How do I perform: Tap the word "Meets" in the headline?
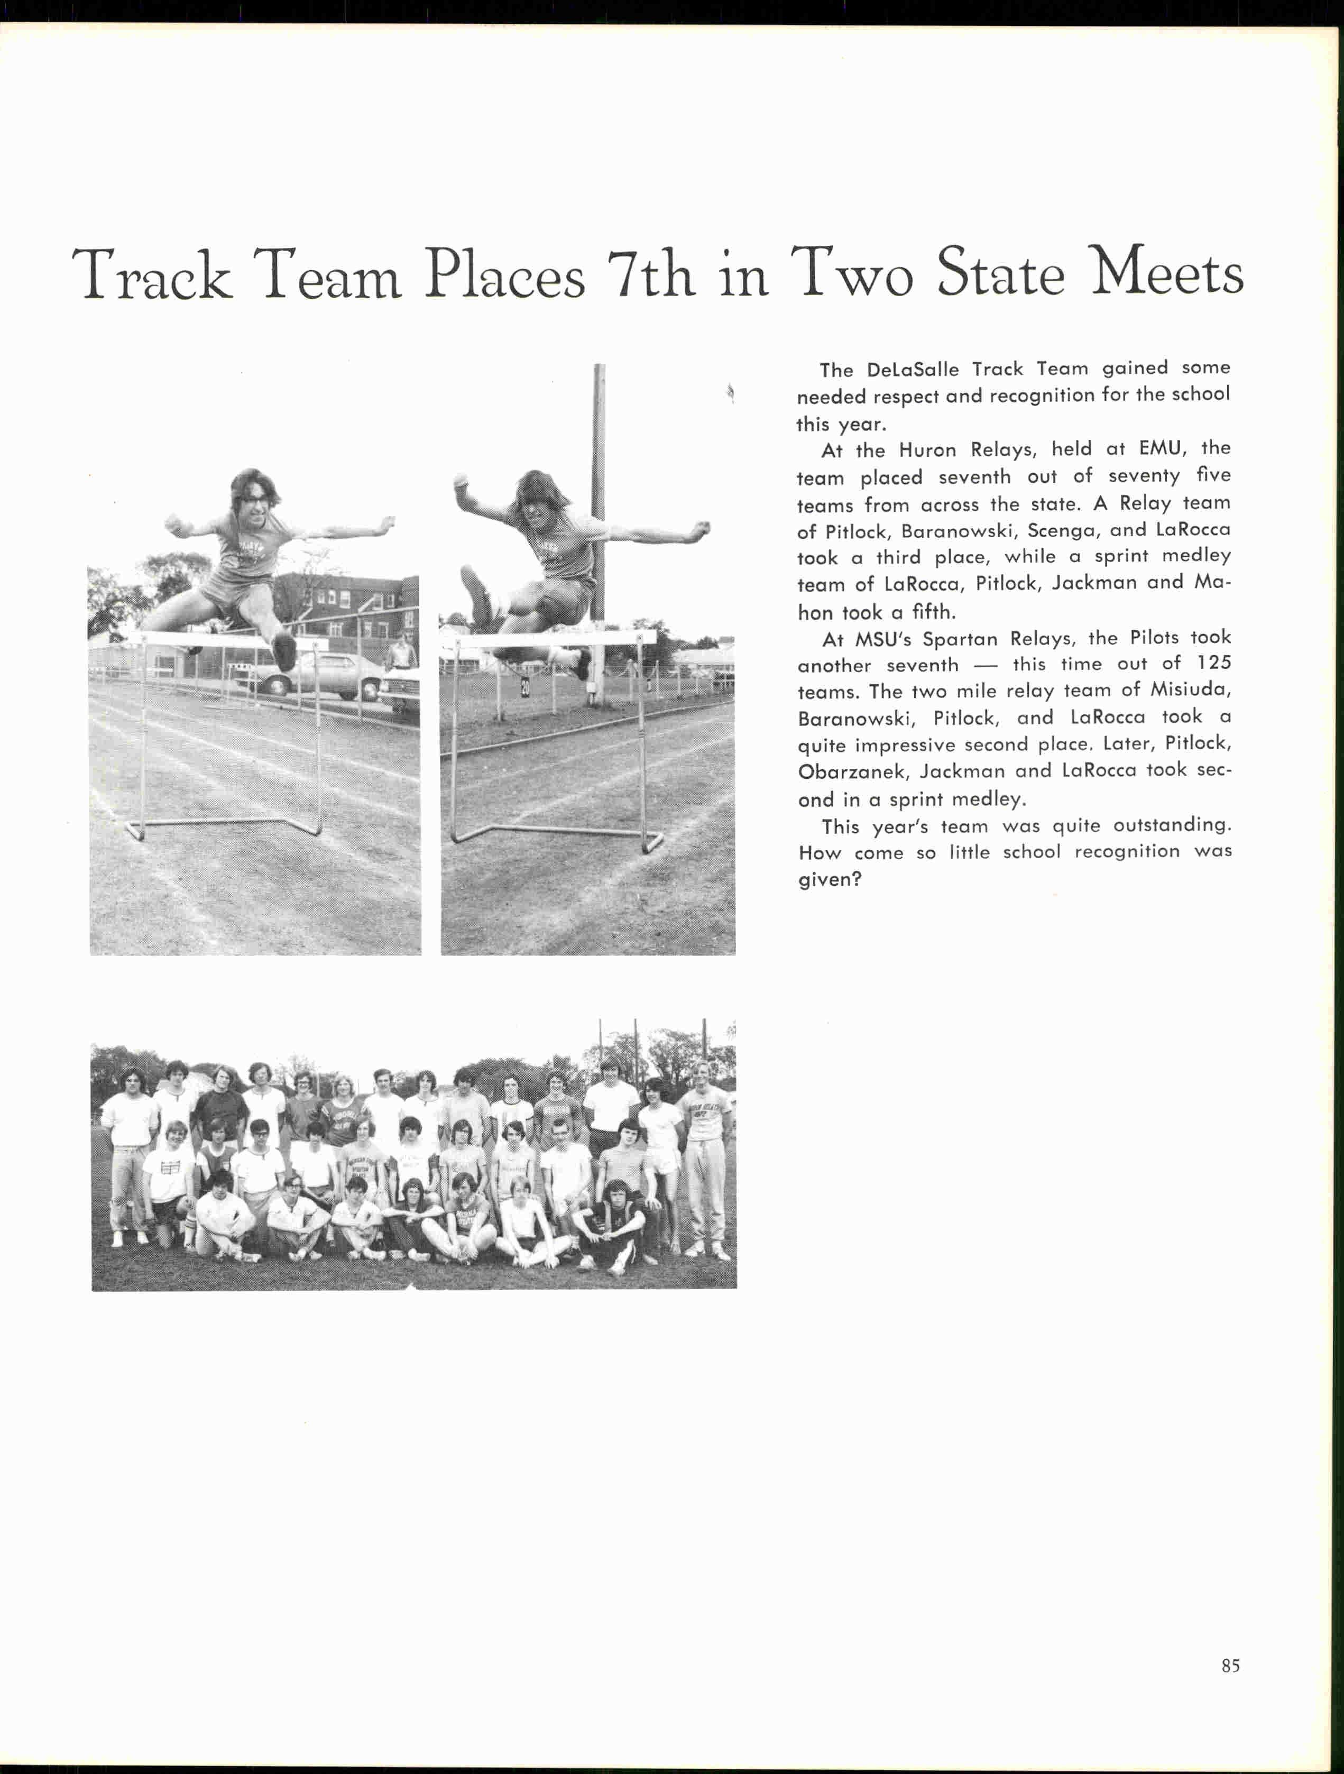[1167, 273]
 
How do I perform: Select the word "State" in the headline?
[1001, 273]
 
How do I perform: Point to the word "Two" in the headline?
[852, 273]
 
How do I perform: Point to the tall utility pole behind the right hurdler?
[598, 481]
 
